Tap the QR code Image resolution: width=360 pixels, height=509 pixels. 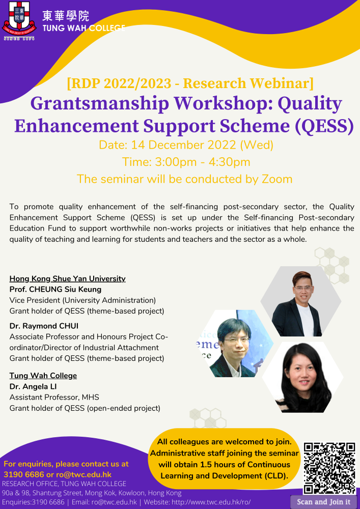[329, 468]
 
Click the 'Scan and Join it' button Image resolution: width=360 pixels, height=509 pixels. [324, 502]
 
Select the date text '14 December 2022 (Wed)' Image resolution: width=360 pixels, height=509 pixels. [202, 145]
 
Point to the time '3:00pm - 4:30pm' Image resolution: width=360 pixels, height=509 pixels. [202, 162]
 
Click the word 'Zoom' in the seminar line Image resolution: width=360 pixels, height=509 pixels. [277, 179]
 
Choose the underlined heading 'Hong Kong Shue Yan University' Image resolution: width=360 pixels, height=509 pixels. [68, 278]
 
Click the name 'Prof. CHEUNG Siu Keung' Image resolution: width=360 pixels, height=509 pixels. [56, 289]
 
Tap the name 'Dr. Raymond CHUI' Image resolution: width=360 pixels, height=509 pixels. [44, 326]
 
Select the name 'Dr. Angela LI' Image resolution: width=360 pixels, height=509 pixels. [33, 386]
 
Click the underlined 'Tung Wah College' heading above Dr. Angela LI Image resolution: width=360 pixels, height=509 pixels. [43, 376]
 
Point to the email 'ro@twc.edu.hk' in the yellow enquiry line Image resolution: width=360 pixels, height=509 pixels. [84, 474]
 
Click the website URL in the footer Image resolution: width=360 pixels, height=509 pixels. [211, 502]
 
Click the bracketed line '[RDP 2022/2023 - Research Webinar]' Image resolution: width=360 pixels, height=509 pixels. [190, 83]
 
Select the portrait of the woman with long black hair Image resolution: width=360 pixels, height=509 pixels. [303, 377]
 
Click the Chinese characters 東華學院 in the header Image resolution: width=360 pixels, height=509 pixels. [66, 16]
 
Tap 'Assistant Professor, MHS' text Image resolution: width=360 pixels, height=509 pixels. [54, 398]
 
